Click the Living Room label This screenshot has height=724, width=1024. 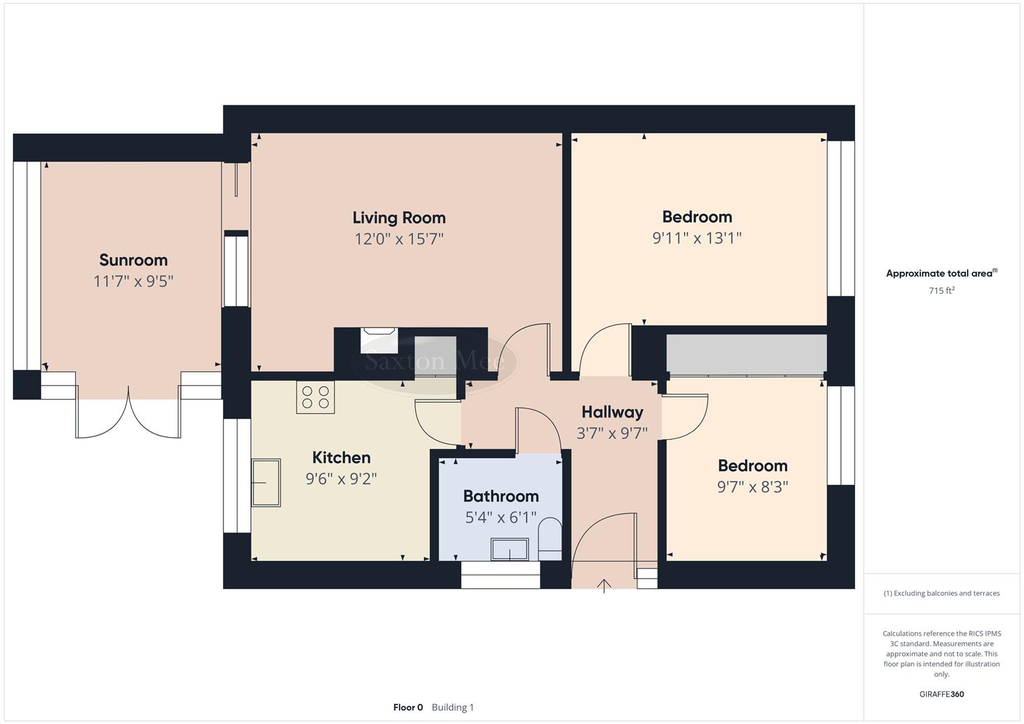(399, 218)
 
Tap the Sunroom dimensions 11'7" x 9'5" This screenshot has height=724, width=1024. (133, 281)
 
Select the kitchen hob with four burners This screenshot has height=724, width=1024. (316, 397)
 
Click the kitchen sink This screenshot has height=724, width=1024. (266, 483)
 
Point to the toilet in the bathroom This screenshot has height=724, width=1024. (550, 538)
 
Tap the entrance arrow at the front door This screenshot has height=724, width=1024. (604, 586)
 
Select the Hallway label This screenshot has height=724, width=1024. (612, 412)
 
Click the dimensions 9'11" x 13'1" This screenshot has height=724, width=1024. (697, 238)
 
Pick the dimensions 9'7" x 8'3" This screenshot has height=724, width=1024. (752, 487)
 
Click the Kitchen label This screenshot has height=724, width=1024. (341, 458)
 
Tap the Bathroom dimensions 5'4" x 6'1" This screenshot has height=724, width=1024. (501, 518)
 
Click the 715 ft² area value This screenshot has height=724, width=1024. (942, 291)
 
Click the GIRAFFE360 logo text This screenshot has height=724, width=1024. (942, 695)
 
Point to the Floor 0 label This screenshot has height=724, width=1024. (408, 707)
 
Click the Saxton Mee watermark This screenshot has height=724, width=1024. (435, 362)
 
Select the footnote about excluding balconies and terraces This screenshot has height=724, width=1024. (942, 593)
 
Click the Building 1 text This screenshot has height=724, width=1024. (453, 707)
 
